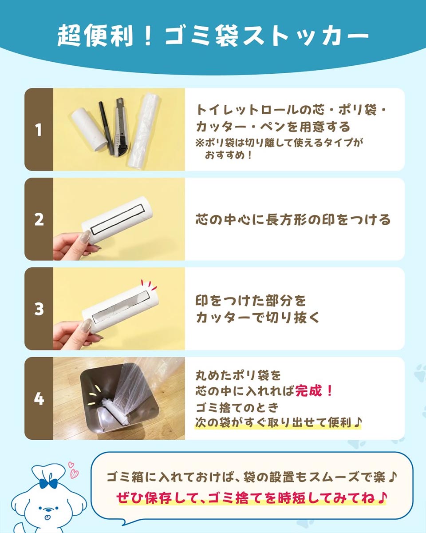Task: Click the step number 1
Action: point(38,130)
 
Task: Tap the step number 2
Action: point(39,219)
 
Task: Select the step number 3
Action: point(39,309)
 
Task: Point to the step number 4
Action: point(39,398)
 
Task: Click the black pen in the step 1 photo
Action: point(106,127)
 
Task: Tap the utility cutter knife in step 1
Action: point(122,127)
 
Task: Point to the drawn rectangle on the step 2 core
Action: point(118,219)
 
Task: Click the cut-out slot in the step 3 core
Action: point(121,307)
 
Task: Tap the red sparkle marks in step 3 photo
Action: point(149,285)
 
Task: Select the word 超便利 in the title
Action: point(95,36)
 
